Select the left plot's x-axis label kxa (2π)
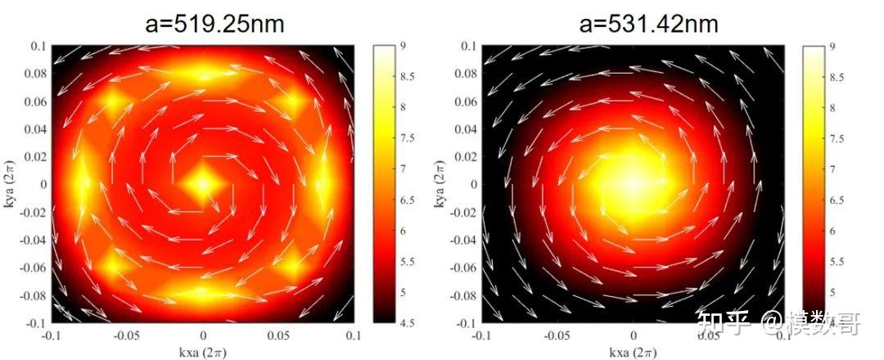pyautogui.click(x=203, y=352)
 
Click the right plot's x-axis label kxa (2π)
pyautogui.click(x=632, y=352)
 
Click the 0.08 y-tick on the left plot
pyautogui.click(x=36, y=74)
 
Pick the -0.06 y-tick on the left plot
pyautogui.click(x=34, y=268)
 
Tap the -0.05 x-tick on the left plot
pyautogui.click(x=127, y=335)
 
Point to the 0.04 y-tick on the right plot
pyautogui.click(x=465, y=129)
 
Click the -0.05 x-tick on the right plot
pyautogui.click(x=556, y=335)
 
